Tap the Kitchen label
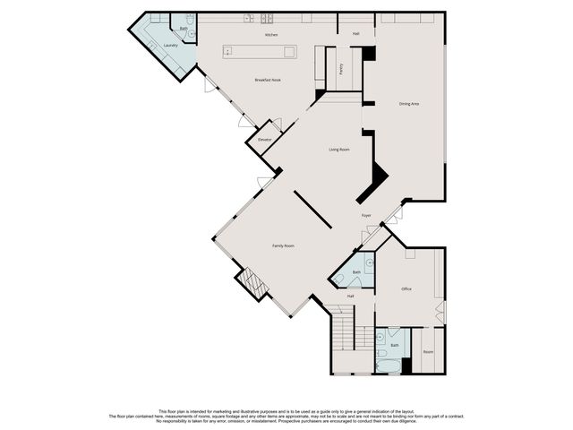(271, 35)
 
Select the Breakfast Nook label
(269, 81)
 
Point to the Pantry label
(341, 69)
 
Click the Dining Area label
(409, 104)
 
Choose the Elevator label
(264, 140)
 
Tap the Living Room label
(338, 150)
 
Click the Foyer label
(366, 216)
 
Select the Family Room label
(284, 245)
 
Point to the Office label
(406, 288)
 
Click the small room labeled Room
(428, 352)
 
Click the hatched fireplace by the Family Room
(252, 284)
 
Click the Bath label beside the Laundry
(184, 29)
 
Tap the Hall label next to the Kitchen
(355, 34)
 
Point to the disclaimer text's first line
(286, 409)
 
